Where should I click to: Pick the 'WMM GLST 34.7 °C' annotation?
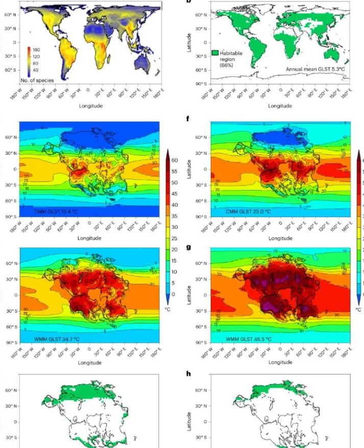(54, 325)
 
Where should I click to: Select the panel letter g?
(189, 246)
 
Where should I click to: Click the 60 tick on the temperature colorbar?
(174, 160)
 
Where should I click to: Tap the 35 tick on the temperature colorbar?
(174, 216)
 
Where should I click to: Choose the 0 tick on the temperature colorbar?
(173, 294)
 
